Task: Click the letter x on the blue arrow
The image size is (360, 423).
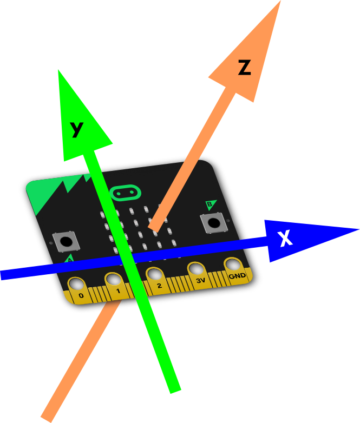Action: pyautogui.click(x=285, y=238)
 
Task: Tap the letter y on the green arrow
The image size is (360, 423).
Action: pyautogui.click(x=77, y=129)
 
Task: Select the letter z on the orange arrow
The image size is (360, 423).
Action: pyautogui.click(x=245, y=68)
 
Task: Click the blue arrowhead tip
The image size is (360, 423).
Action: pyautogui.click(x=359, y=229)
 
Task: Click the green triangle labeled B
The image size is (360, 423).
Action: pyautogui.click(x=211, y=204)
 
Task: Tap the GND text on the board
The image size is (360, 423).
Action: pyautogui.click(x=237, y=276)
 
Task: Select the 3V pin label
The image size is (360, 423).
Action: pyautogui.click(x=201, y=281)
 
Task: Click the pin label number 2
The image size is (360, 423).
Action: pyautogui.click(x=159, y=286)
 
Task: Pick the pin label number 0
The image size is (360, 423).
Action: pyautogui.click(x=81, y=295)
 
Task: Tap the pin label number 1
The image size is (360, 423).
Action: pyautogui.click(x=118, y=291)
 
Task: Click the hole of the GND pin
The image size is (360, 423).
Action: pyautogui.click(x=233, y=265)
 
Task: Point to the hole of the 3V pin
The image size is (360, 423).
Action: pyautogui.click(x=197, y=269)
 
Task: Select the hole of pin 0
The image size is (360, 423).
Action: pyautogui.click(x=77, y=284)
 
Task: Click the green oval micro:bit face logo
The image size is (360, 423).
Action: pyautogui.click(x=126, y=193)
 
